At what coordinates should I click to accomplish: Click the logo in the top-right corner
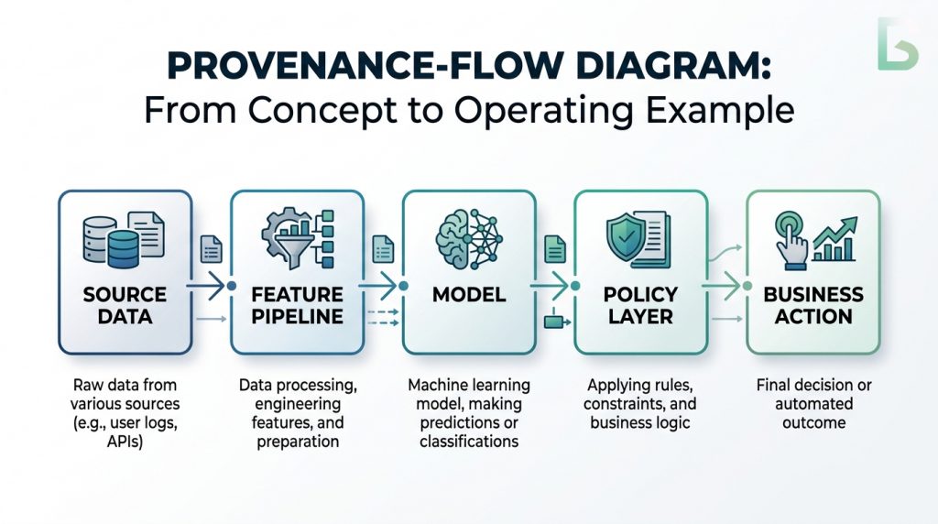click(897, 43)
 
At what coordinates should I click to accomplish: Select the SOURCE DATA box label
click(125, 306)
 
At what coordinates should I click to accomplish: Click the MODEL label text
click(468, 295)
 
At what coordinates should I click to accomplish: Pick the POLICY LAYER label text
click(639, 306)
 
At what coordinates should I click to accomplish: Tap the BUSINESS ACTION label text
click(813, 306)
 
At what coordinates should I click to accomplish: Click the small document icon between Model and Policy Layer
click(554, 247)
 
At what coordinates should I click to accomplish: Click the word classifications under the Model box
click(468, 442)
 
